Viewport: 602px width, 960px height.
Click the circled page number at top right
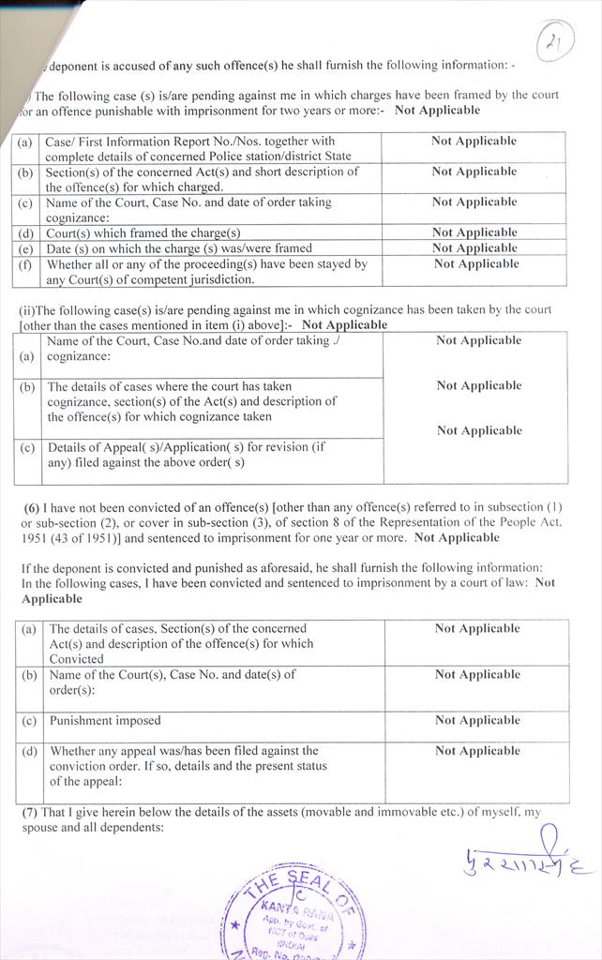coord(556,41)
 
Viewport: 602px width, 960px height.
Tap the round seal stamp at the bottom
coord(293,914)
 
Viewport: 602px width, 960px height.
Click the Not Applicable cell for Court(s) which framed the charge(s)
coord(474,232)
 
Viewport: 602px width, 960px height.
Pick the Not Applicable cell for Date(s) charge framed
coord(474,248)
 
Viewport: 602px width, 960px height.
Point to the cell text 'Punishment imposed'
coord(105,721)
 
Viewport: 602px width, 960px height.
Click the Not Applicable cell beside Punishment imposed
coord(477,721)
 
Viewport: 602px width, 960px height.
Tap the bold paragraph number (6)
coord(31,507)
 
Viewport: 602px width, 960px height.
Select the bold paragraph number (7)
coord(29,812)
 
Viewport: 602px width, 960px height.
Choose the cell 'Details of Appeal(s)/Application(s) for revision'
coord(186,455)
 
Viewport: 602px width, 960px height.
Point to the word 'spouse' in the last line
coord(38,829)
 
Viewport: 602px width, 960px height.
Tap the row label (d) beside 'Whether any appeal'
coord(29,751)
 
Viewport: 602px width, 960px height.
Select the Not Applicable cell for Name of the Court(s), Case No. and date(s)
coord(477,675)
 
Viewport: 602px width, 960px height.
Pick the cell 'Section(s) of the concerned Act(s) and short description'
coord(202,179)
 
